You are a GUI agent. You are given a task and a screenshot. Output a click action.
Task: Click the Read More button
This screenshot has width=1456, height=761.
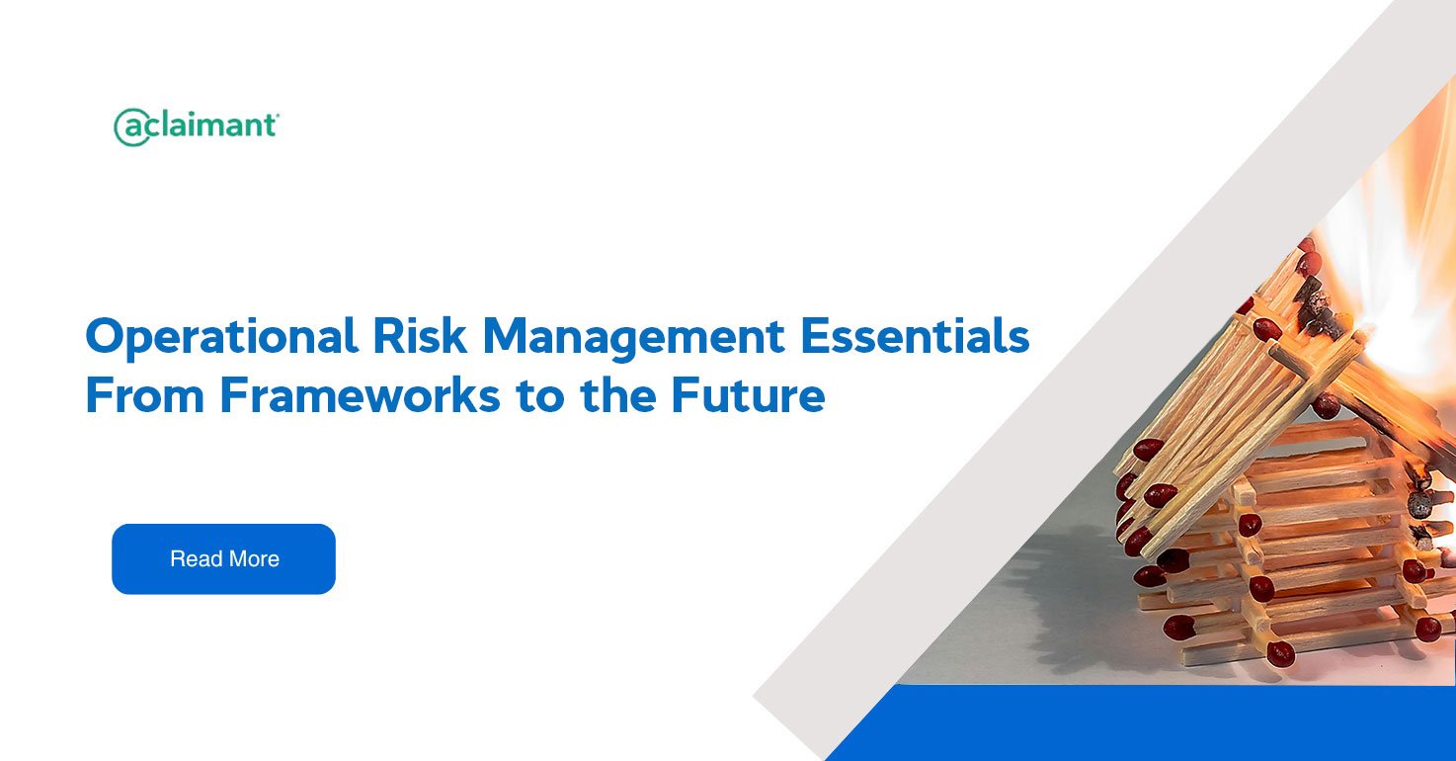point(223,558)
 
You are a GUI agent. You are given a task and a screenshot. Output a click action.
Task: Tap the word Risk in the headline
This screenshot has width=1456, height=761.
point(420,336)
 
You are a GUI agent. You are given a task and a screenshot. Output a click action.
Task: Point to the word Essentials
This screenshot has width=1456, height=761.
point(916,336)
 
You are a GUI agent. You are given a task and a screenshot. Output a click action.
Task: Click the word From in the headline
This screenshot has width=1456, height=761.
point(145,394)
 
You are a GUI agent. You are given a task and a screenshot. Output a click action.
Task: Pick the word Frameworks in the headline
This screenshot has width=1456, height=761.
point(361,394)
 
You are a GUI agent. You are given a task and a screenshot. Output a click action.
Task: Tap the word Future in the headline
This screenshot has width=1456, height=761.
point(748,394)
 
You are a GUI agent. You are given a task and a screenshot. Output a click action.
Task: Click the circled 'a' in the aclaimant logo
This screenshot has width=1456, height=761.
point(132,127)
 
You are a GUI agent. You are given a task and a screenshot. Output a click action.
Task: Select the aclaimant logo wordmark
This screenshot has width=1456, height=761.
point(197,127)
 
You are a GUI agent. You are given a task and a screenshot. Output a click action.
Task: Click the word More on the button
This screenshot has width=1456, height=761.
point(254,558)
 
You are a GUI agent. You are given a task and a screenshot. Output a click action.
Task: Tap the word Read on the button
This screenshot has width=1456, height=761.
point(197,558)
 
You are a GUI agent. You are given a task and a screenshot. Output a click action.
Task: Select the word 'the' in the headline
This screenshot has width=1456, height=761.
point(618,394)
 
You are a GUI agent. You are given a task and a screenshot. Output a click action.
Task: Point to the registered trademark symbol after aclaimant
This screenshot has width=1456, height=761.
point(278,115)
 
